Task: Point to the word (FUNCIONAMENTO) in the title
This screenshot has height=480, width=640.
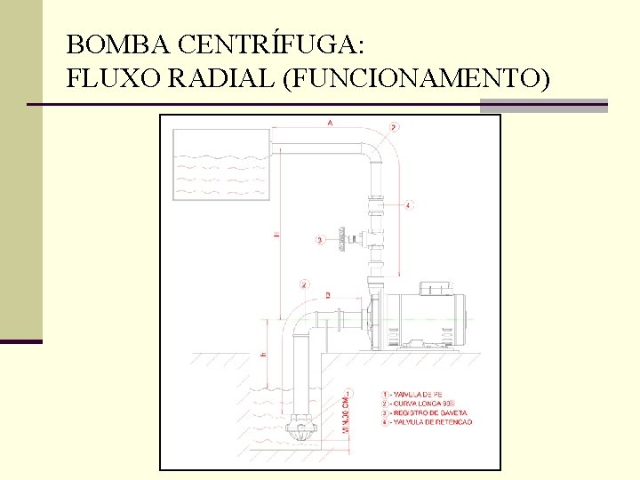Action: pos(414,80)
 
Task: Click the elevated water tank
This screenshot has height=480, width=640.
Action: pos(220,164)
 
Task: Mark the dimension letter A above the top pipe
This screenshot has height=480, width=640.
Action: pos(331,124)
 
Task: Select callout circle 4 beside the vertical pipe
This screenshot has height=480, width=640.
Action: pos(408,205)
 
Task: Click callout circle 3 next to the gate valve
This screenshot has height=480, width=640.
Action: pos(320,239)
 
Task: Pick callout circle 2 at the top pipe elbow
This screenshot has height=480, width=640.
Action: pos(395,127)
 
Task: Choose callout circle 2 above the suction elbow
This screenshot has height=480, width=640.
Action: pos(305,284)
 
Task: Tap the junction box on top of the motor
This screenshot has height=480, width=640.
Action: pos(436,288)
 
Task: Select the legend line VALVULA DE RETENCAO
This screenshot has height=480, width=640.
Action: pos(431,421)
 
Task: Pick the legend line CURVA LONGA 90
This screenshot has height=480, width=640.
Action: pos(422,403)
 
